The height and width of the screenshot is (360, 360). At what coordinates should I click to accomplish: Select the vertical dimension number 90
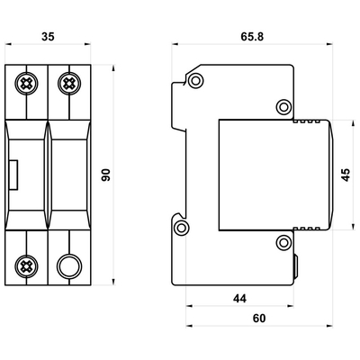coord(105,175)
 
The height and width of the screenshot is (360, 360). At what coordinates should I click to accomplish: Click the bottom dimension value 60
coord(259,319)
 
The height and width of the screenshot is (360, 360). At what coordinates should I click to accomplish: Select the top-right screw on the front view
coord(67,84)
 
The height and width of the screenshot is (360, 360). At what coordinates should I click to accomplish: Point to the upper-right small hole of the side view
coord(284,105)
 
